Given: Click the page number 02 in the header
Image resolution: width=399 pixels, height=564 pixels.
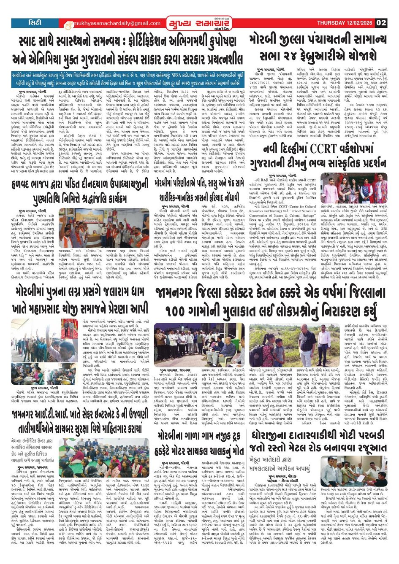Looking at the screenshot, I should (381, 23).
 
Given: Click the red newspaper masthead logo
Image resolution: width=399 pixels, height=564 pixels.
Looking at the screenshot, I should (195, 23).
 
